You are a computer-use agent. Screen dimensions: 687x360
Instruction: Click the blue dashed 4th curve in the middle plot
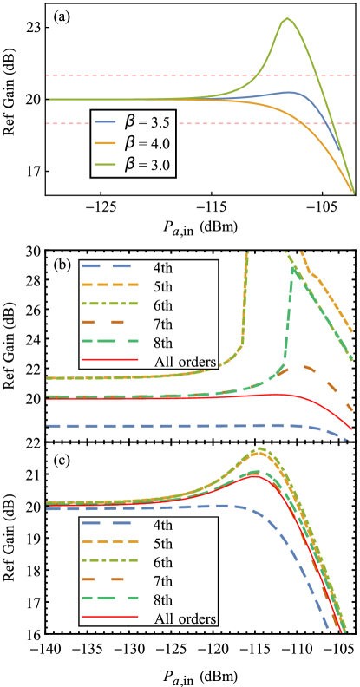[173, 426]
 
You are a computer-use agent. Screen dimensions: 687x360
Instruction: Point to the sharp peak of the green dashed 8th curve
[294, 270]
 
